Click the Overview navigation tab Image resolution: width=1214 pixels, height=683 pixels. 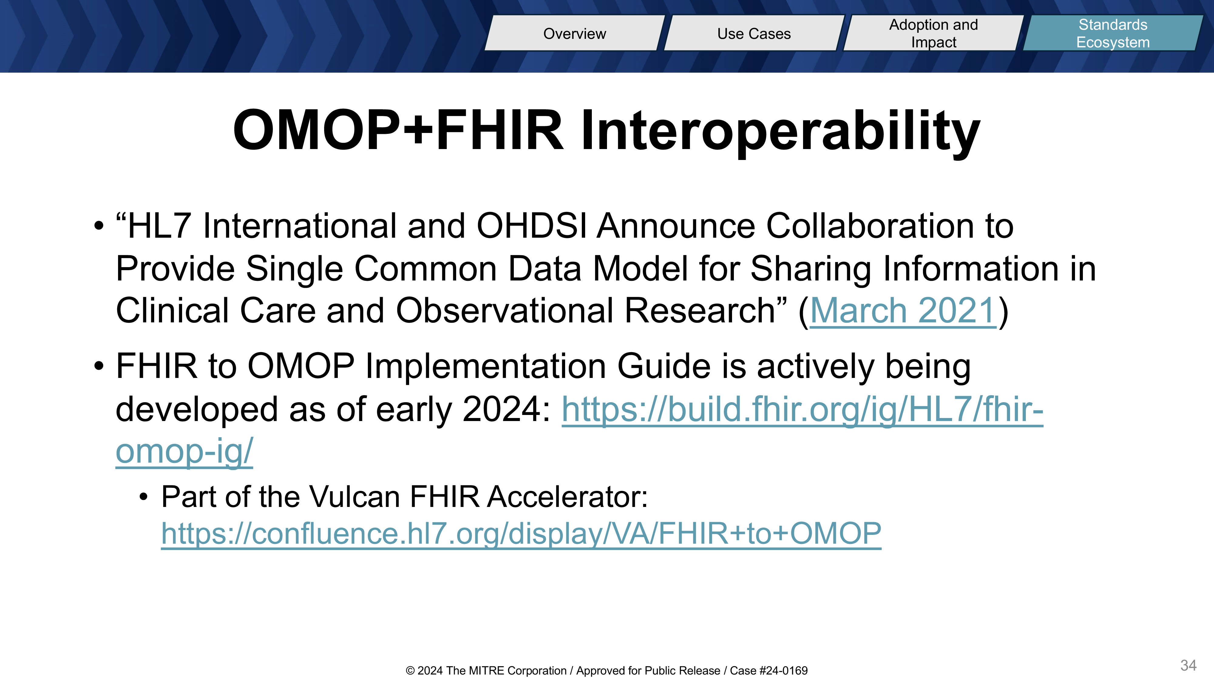[x=575, y=33]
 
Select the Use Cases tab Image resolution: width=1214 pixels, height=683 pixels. [x=754, y=33]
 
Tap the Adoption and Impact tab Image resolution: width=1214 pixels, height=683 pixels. [x=934, y=33]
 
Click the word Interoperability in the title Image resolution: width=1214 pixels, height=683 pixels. [x=780, y=131]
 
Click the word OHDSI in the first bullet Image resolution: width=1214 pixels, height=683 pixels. [x=532, y=226]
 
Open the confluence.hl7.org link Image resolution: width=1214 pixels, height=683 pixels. [x=521, y=534]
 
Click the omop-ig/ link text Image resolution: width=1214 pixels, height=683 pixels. [x=184, y=452]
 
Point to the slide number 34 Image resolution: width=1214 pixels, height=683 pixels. [x=1188, y=665]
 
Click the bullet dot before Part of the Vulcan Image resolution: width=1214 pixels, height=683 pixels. [x=144, y=497]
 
